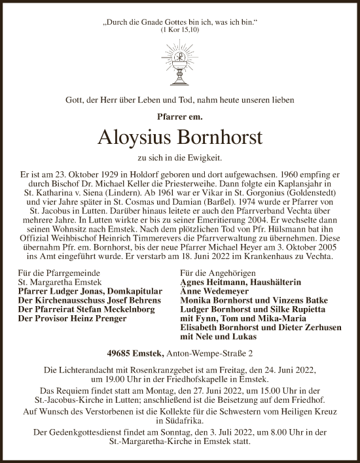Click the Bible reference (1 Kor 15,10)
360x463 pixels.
[180, 31]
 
